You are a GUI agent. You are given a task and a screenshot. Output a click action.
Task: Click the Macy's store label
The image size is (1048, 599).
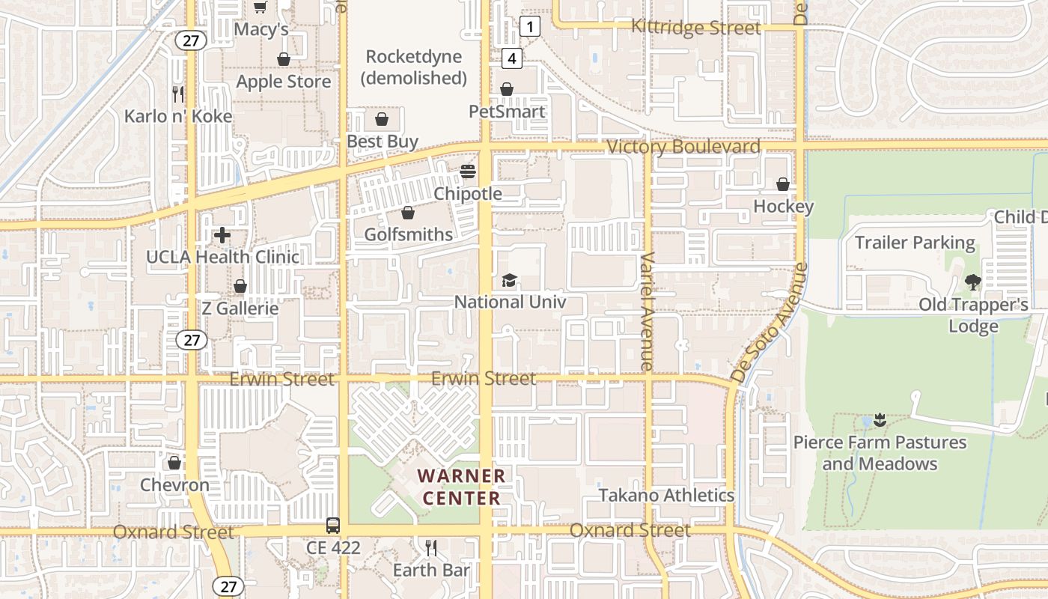261,28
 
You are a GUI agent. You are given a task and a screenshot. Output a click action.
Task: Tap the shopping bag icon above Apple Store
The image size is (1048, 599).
284,59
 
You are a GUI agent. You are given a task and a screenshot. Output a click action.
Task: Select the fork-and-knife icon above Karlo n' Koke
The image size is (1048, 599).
178,94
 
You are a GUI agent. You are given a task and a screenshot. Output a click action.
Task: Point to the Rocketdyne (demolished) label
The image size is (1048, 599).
413,67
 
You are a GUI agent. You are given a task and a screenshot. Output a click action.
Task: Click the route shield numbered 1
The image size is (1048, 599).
530,27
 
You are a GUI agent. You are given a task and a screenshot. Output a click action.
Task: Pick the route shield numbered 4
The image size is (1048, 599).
512,58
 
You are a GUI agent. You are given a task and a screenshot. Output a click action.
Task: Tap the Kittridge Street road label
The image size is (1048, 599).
695,28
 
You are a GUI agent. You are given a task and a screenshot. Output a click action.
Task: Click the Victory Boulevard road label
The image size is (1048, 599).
683,147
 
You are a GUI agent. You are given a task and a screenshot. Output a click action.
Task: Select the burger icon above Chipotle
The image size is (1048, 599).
468,171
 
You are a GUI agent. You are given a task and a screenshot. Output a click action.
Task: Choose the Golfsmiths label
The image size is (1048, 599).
408,234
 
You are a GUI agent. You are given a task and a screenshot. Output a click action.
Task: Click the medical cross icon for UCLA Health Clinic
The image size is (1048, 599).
222,235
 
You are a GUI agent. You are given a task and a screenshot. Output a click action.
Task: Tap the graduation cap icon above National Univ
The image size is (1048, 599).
509,281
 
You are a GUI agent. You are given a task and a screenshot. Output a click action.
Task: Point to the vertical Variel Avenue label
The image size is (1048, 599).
648,311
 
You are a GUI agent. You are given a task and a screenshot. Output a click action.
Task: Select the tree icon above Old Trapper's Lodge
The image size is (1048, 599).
972,282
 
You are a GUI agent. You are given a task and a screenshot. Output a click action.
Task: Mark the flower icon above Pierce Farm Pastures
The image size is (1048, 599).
880,420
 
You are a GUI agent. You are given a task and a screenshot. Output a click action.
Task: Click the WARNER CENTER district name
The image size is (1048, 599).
462,487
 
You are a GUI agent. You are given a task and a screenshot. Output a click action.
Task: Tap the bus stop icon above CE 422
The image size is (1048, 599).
333,526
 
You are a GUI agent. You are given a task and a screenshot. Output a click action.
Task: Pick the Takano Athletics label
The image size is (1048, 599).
666,495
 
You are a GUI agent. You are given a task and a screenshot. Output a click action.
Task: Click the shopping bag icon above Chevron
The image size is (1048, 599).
174,463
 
